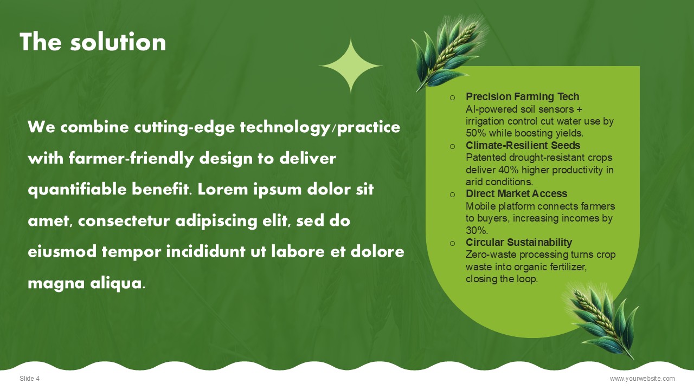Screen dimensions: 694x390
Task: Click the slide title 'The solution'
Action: coord(93,42)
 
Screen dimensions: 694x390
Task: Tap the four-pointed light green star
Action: coord(351,66)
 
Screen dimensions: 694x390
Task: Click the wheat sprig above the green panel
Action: coord(449,52)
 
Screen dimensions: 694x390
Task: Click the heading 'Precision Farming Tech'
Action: coord(522,96)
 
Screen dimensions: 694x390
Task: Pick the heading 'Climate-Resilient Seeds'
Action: coord(523,145)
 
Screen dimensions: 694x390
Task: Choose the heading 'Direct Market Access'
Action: coord(517,193)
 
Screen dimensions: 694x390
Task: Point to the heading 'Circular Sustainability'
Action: coord(519,242)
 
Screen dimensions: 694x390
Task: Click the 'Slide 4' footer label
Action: coord(29,378)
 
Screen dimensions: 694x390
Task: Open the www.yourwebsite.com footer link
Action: coord(642,378)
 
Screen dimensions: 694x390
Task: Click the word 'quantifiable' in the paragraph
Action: coord(77,190)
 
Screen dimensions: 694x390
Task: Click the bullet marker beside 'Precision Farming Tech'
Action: coord(452,98)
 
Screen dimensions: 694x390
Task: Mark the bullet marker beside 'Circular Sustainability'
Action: coord(452,243)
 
